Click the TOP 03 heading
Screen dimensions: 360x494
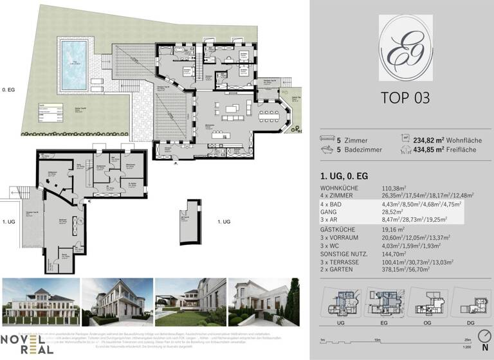point(402,98)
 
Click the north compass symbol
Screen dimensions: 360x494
point(483,339)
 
